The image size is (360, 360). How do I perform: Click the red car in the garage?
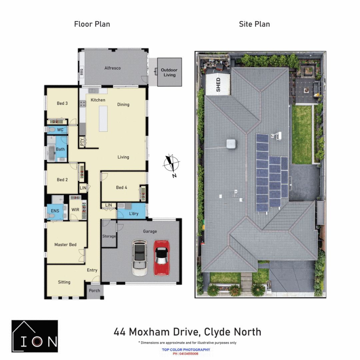pos(162,257)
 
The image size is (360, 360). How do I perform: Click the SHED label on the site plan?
pos(219,85)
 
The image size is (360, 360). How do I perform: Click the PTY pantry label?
pos(82,142)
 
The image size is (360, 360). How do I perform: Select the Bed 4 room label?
pos(121,187)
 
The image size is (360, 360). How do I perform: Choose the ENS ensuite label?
pos(55,210)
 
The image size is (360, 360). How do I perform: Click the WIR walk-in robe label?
pos(75,210)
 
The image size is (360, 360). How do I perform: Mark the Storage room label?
pos(109,236)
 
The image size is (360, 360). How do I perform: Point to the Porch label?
pos(94,290)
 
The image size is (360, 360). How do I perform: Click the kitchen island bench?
pos(103,119)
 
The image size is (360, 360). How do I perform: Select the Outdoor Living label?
pos(169,72)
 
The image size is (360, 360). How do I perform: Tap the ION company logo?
pos(35,336)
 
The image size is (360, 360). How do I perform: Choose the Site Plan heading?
pos(254,24)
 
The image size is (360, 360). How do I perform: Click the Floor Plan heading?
pos(92,24)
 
